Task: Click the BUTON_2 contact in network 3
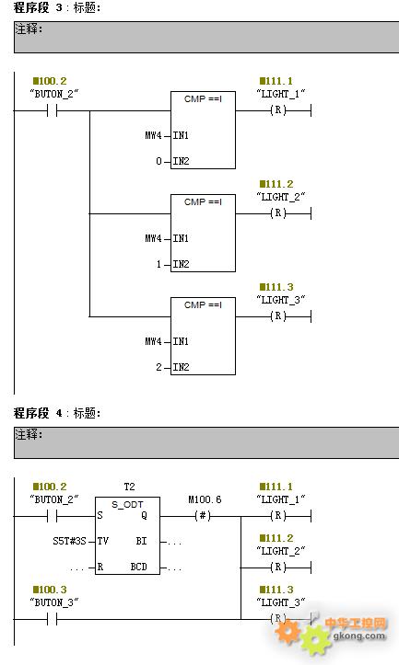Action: [52, 111]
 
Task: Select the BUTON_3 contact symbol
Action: [52, 620]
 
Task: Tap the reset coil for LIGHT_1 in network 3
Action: [278, 110]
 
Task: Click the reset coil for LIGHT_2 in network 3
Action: [278, 213]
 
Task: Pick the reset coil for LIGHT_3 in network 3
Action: [278, 316]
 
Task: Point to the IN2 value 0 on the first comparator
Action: [158, 161]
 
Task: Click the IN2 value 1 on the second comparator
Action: [158, 264]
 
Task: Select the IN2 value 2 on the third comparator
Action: [158, 367]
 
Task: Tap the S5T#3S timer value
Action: [69, 541]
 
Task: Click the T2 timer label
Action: [129, 487]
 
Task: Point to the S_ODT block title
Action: [127, 505]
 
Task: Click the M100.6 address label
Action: [205, 500]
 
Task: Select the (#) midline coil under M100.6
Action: [203, 516]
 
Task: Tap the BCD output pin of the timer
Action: [139, 567]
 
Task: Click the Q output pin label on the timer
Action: [144, 516]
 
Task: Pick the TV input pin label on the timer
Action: [103, 541]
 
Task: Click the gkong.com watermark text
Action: [359, 636]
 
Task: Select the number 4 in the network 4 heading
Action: [59, 413]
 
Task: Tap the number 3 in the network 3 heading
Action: [59, 7]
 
